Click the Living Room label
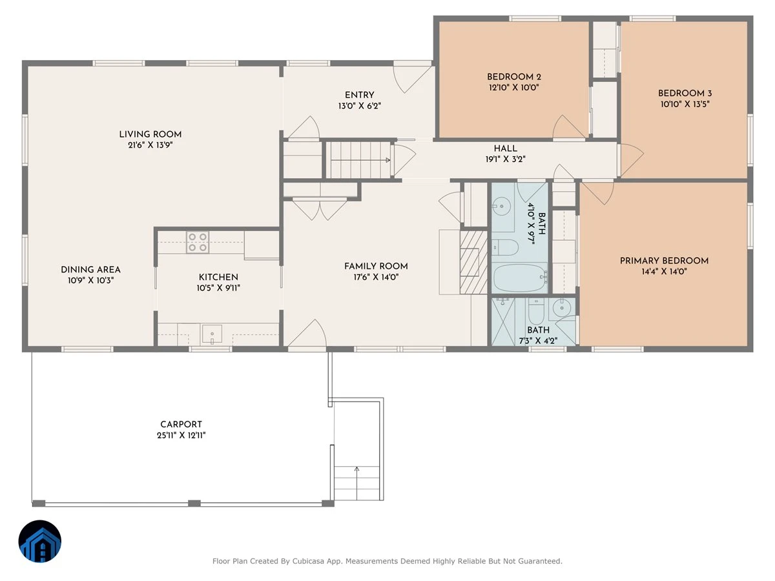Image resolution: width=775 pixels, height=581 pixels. coord(150,134)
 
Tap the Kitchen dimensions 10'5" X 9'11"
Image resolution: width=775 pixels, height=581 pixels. coord(218,288)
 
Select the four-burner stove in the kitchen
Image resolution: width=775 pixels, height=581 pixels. coord(198,242)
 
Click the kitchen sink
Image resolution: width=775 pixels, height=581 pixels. coord(211,334)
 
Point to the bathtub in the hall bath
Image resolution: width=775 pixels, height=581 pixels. coord(520,278)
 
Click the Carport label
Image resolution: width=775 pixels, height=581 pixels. coord(181,424)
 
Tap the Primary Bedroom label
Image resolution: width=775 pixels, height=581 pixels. coord(664,261)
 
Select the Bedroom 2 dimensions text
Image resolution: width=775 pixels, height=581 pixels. coord(513,88)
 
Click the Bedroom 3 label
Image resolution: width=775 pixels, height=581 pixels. coord(685,94)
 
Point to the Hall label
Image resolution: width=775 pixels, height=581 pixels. coord(505,148)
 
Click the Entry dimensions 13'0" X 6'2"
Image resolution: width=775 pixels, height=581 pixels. coord(360,106)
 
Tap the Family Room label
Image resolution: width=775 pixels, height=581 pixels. coord(376,267)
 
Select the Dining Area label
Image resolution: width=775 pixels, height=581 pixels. coord(91,270)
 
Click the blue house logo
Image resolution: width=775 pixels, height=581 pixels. coord(40,541)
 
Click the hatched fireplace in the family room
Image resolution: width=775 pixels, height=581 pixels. coord(473,263)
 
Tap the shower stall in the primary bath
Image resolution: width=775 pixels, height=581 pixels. coord(503,321)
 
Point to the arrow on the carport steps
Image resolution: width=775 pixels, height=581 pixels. coord(356,483)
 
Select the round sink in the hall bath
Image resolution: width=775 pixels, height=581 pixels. coord(501,207)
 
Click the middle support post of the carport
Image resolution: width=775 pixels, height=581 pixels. coord(194,504)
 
